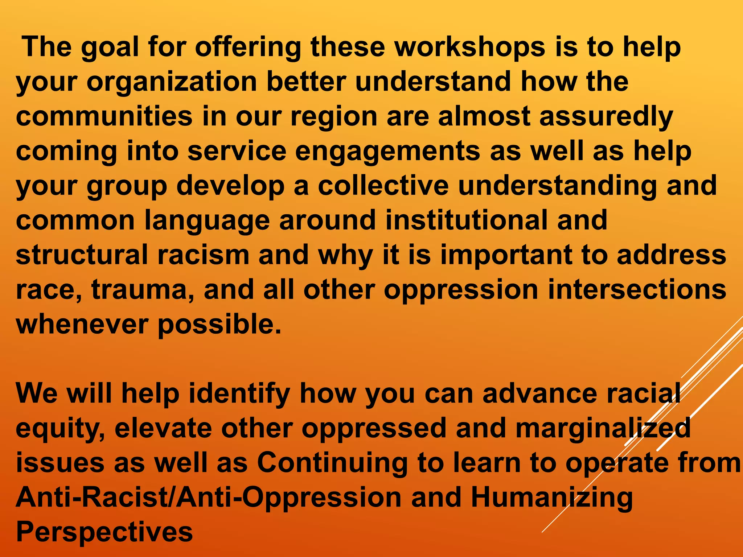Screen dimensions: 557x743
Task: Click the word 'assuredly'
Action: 606,117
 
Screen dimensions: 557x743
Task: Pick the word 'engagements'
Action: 387,152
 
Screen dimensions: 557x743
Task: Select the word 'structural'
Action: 82,255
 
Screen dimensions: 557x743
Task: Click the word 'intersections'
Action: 637,289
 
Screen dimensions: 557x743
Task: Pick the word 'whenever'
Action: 82,324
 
